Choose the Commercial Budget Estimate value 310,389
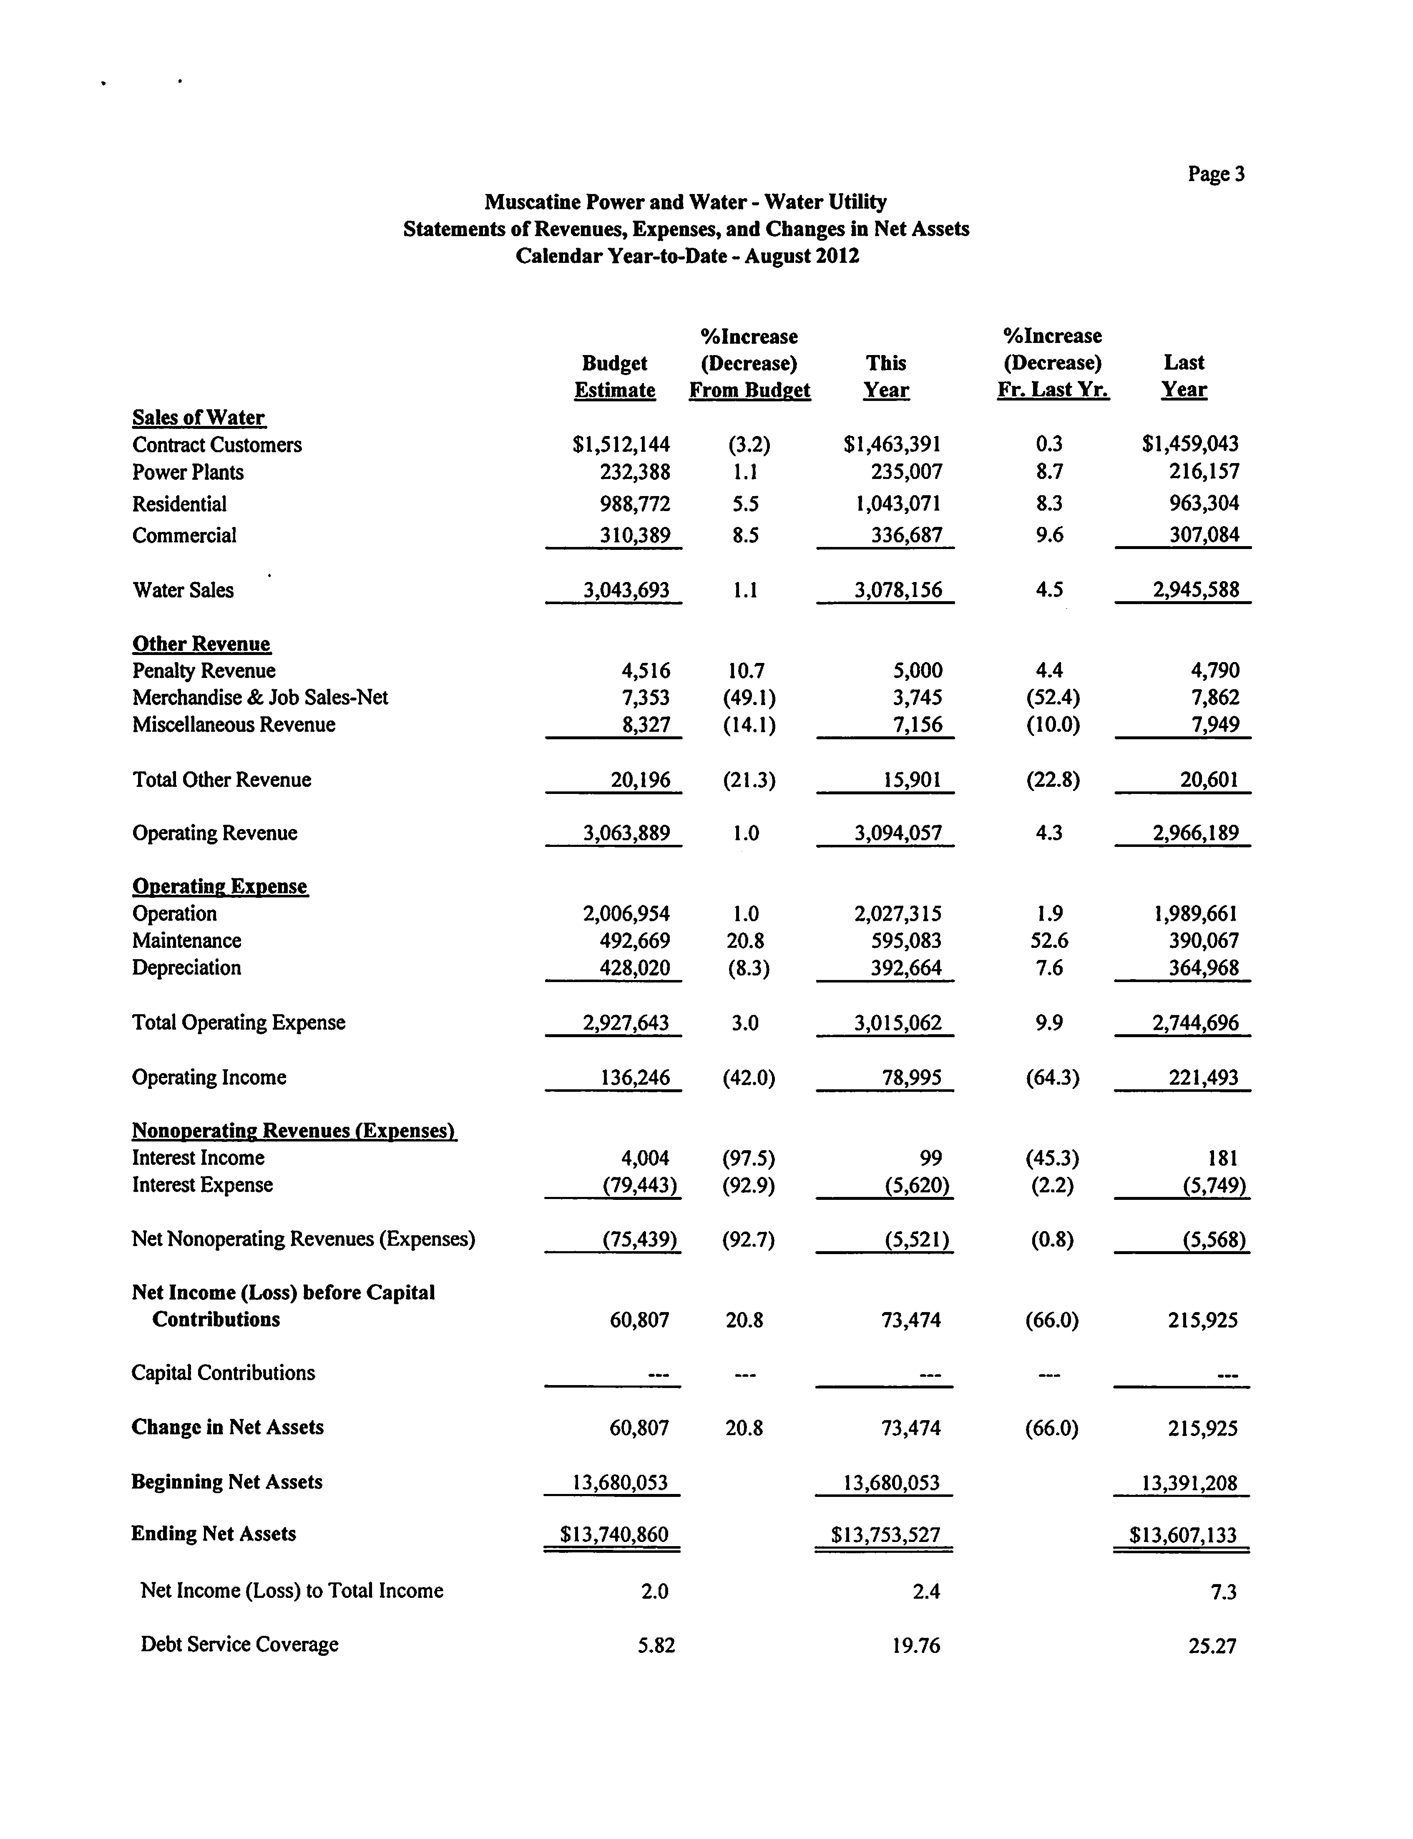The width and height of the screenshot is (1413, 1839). tap(634, 535)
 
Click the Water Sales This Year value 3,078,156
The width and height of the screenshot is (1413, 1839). tap(898, 590)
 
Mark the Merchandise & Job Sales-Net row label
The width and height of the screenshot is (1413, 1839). tap(260, 698)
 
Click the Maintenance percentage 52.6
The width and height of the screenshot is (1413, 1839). tap(1050, 940)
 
